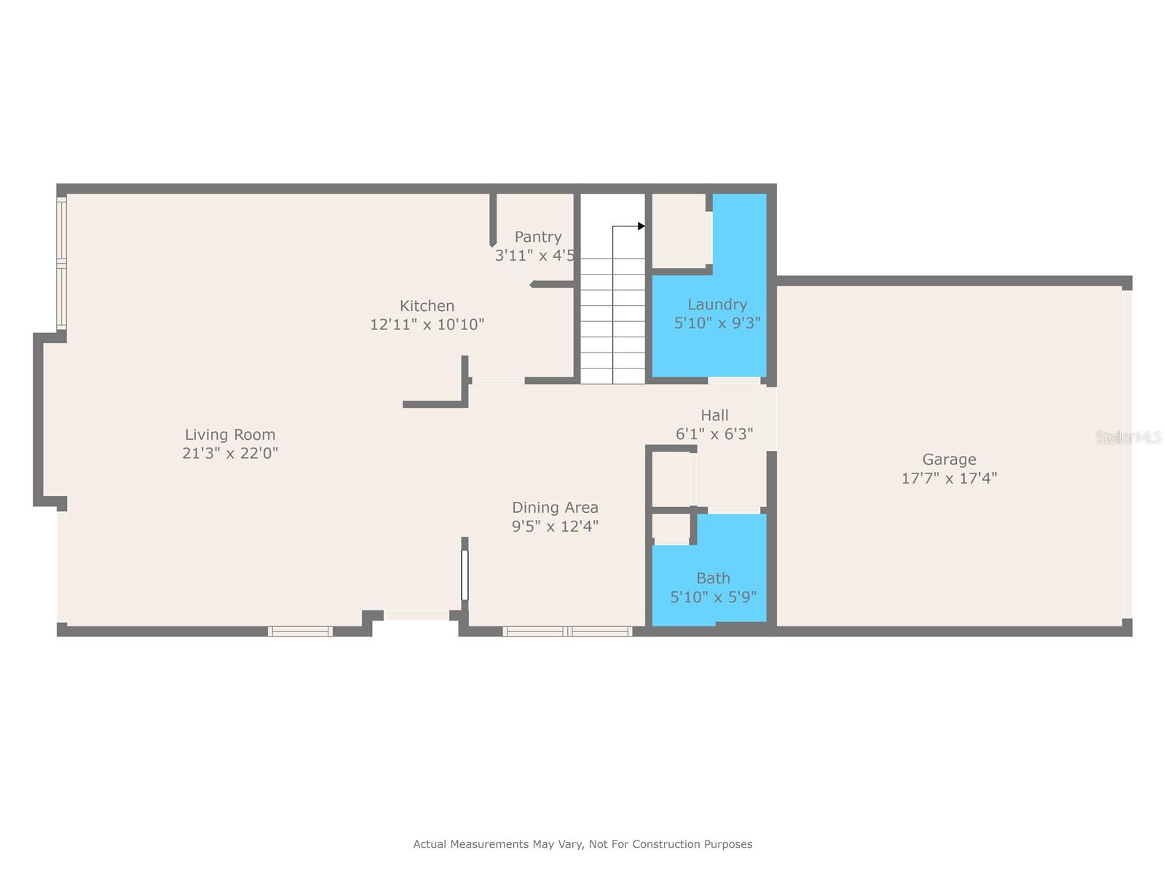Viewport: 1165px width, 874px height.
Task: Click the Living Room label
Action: (230, 435)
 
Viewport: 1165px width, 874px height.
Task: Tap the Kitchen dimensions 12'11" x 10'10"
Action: (427, 325)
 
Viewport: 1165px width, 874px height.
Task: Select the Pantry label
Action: (538, 237)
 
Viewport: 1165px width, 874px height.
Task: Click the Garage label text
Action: (949, 460)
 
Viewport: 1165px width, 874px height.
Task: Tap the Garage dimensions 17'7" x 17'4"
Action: (949, 479)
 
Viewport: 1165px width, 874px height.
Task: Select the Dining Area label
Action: (555, 508)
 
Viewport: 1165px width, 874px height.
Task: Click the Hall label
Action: (714, 415)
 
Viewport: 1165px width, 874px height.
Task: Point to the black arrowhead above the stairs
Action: (641, 227)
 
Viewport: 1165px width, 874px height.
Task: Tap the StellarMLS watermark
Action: (1129, 437)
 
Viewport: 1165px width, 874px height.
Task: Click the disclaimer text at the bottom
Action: (582, 844)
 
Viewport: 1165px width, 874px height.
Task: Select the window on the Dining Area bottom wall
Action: (567, 631)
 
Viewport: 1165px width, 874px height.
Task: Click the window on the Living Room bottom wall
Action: (300, 631)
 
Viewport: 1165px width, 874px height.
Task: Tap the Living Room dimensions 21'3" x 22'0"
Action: (230, 454)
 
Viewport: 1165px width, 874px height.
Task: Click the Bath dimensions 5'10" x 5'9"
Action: (713, 597)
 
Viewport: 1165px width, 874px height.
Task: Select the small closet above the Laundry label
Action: (679, 229)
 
